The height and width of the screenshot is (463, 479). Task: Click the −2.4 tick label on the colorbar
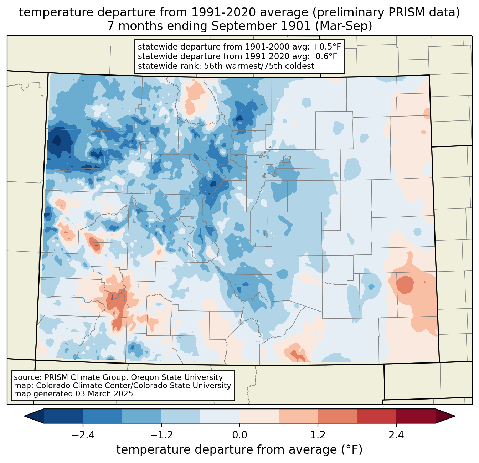click(83, 435)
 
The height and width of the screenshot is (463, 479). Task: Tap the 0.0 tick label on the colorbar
click(239, 435)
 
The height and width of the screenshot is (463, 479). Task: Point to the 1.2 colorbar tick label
click(318, 435)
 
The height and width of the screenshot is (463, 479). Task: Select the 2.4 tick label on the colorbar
click(396, 435)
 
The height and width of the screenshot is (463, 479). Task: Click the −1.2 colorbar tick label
click(161, 435)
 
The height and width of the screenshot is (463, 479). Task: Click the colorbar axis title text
click(239, 450)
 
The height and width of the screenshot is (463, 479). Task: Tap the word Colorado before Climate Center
click(50, 386)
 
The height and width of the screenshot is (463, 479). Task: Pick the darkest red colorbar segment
click(416, 416)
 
